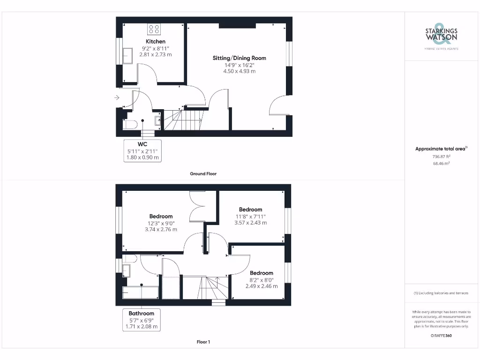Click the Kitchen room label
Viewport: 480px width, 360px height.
point(155,42)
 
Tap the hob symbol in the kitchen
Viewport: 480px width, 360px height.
point(154,30)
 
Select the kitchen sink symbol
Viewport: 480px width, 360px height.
point(127,56)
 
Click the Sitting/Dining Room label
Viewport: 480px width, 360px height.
point(239,58)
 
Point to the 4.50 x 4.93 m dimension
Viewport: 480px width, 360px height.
point(240,71)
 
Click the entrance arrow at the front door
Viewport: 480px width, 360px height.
point(117,97)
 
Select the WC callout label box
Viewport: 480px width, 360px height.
point(142,151)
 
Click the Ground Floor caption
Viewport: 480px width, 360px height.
point(203,173)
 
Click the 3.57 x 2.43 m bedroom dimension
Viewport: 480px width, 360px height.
point(250,223)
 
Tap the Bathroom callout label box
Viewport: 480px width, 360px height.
point(141,320)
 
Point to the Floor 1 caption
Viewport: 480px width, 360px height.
point(203,342)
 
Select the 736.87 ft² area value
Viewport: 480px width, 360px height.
point(441,157)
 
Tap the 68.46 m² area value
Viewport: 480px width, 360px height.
point(441,164)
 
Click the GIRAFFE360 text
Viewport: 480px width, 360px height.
point(441,336)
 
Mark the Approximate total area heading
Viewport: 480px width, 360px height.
point(441,149)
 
